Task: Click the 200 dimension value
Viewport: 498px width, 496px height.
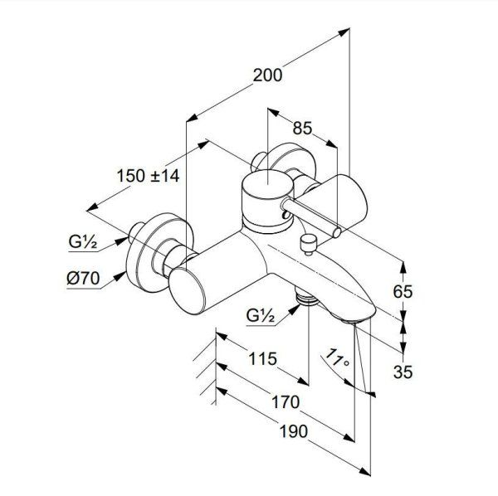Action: click(x=266, y=75)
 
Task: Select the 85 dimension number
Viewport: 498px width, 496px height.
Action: click(x=303, y=129)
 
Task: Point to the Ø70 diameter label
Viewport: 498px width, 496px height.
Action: click(x=84, y=280)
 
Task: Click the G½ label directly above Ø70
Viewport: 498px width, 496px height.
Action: click(x=84, y=243)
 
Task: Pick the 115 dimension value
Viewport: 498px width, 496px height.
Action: click(x=262, y=361)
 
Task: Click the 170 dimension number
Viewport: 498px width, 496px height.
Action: click(x=285, y=403)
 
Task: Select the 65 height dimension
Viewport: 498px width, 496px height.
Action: click(x=403, y=292)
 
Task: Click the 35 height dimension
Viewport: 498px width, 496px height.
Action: click(x=403, y=372)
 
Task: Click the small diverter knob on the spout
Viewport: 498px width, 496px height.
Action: click(x=309, y=242)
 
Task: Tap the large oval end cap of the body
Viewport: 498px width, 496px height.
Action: click(x=193, y=291)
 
